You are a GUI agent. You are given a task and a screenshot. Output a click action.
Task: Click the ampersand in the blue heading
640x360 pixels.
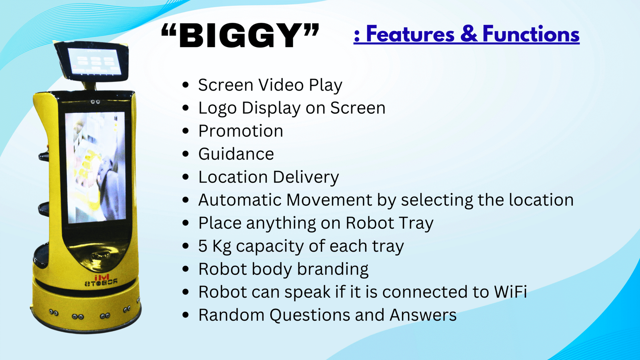pos(468,34)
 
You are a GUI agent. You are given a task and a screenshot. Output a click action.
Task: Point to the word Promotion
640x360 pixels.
pos(240,131)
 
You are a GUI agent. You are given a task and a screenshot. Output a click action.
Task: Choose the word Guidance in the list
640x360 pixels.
pos(236,154)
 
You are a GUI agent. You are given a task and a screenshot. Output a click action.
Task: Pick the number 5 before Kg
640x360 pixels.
pos(202,246)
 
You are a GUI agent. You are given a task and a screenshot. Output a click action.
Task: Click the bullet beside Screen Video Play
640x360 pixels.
pos(186,85)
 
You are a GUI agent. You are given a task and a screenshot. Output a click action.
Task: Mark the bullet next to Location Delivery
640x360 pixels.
pos(186,177)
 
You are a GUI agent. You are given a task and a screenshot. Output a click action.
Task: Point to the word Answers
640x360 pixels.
pos(422,315)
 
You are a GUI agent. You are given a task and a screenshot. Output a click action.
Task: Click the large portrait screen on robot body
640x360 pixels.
pos(95,167)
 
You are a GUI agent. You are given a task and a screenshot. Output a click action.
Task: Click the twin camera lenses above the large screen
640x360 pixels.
pos(96,102)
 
